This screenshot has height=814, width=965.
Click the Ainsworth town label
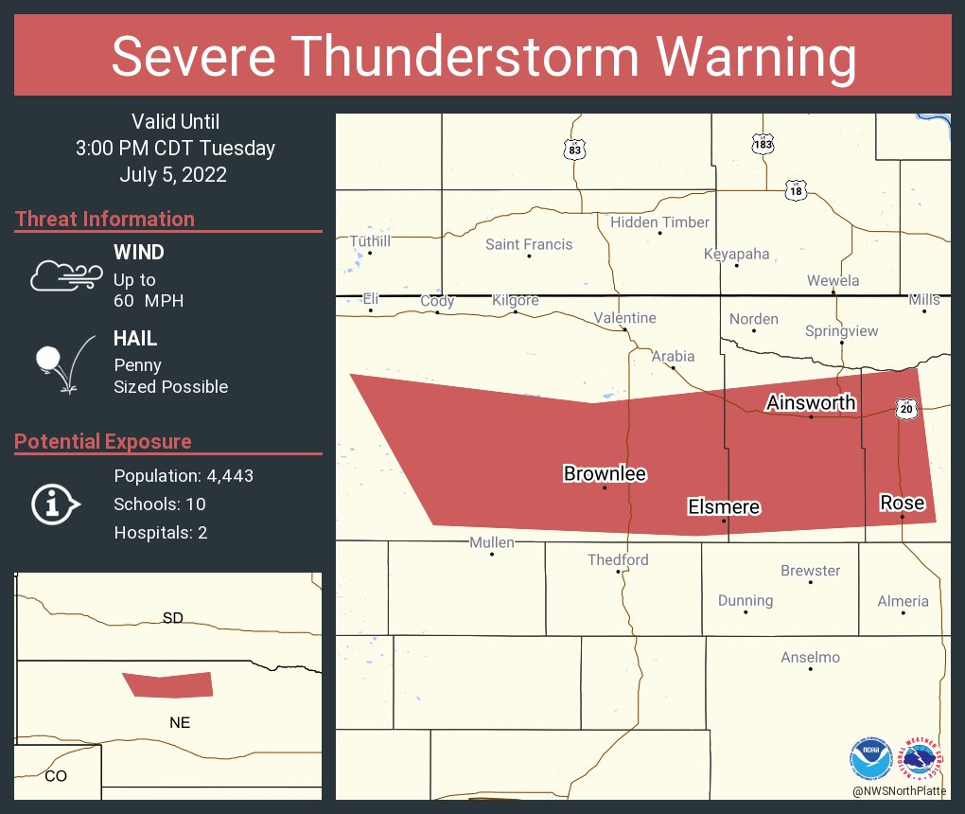811,402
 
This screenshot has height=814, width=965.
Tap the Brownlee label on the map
605,473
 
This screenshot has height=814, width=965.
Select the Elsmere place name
724,507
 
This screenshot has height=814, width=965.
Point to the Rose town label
902,503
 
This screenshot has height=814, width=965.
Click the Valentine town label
624,318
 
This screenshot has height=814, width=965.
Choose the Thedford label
618,559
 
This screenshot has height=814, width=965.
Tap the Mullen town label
492,542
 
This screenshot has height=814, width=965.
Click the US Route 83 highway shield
574,150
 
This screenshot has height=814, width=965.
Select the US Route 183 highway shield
763,144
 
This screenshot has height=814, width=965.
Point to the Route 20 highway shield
907,409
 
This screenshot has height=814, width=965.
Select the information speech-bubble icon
55,504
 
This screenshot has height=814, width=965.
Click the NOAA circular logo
870,758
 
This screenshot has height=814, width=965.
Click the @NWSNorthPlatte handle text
898,791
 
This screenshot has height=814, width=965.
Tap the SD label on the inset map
172,618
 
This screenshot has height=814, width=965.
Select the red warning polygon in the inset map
168,684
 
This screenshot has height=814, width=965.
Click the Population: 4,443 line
184,475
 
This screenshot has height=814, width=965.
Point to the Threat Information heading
105,219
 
